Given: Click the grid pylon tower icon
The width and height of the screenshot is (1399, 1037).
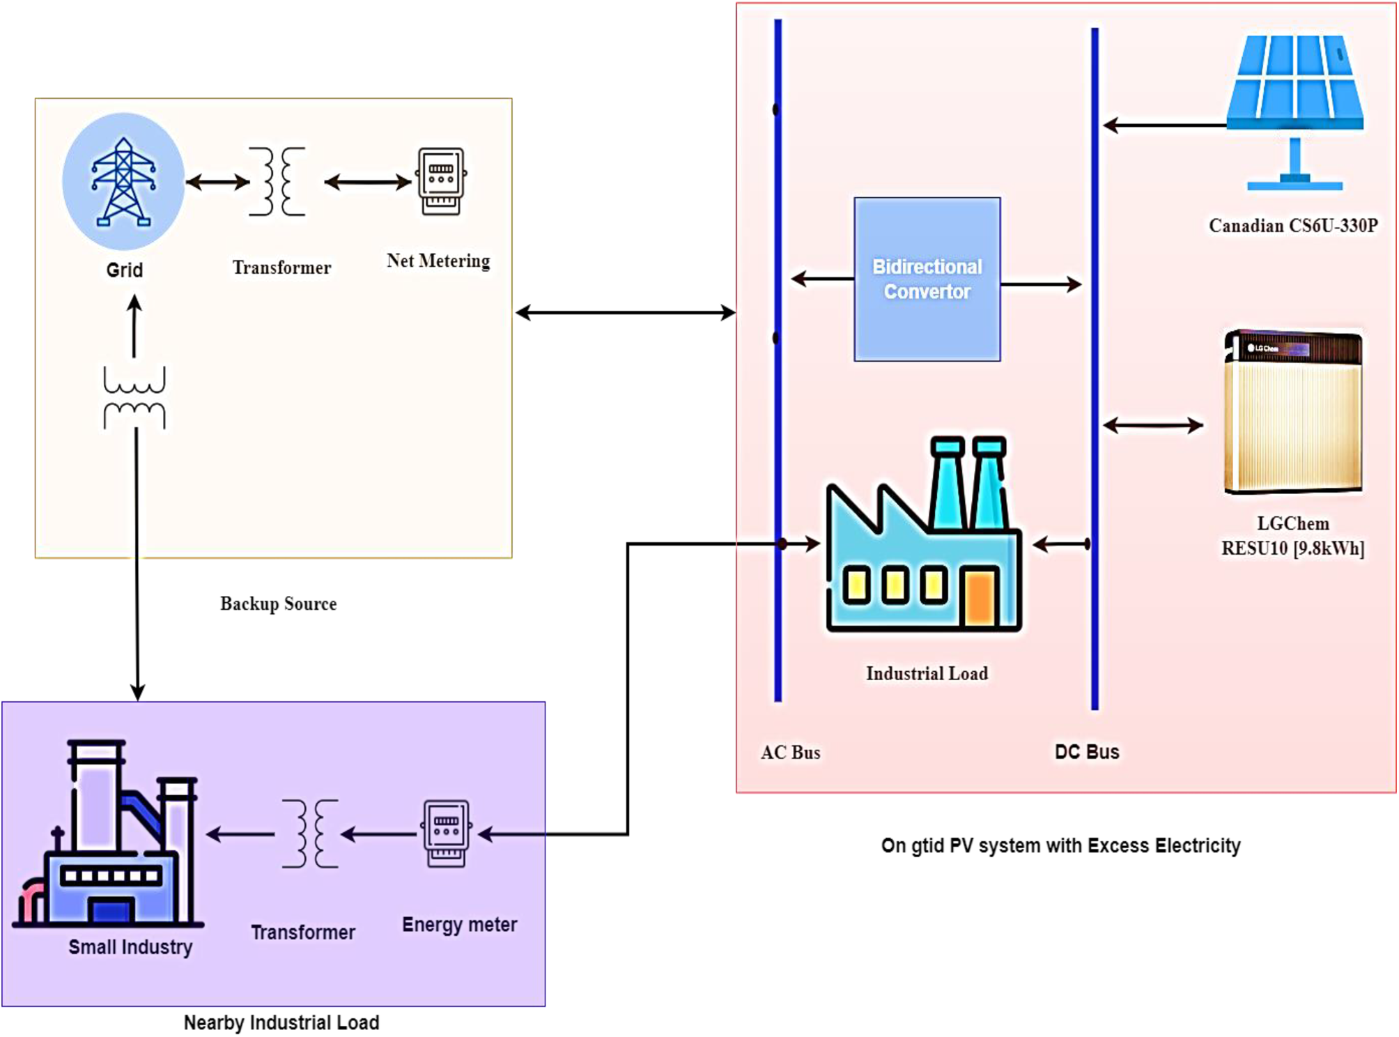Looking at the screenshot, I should [x=123, y=182].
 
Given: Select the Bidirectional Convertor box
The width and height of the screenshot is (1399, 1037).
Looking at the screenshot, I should [x=927, y=279].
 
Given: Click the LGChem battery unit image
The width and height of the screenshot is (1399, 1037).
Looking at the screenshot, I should [x=1293, y=411].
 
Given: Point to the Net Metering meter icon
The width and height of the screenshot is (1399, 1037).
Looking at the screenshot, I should [x=441, y=181].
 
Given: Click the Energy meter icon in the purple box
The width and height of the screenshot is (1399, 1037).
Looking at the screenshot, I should [x=446, y=834].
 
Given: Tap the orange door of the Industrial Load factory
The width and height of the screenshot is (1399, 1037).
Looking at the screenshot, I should [x=980, y=597].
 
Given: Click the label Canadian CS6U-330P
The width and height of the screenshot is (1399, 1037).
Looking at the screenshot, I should [x=1293, y=226].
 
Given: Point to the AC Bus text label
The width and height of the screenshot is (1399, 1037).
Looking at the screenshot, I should [x=790, y=753].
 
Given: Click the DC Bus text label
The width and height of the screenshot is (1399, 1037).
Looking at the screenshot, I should [x=1087, y=752].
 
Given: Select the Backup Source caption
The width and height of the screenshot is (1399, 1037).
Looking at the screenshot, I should [x=278, y=604].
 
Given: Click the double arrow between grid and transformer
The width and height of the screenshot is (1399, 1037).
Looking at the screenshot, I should [x=217, y=183].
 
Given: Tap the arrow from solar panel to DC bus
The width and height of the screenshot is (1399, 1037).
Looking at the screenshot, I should [x=1164, y=125].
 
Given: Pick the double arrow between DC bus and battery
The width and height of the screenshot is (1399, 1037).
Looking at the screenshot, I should [x=1153, y=425].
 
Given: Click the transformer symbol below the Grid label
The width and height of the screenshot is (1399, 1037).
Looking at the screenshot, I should [x=134, y=397].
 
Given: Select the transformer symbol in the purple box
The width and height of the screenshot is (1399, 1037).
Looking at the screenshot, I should [x=310, y=834].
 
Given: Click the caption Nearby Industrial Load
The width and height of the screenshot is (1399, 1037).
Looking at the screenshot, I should [x=281, y=1022].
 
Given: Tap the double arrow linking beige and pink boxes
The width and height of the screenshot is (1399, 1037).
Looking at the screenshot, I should [x=625, y=313].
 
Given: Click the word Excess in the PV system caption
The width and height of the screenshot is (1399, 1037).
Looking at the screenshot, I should [x=1118, y=845].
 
